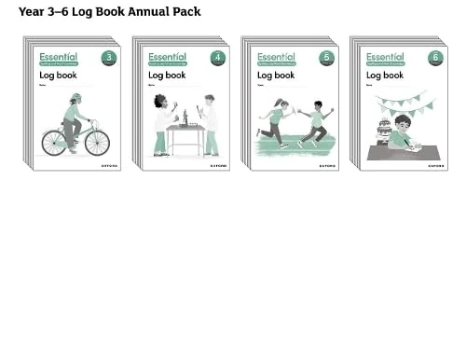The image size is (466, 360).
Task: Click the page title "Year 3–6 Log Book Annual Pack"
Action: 109,11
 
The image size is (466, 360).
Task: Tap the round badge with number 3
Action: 109,58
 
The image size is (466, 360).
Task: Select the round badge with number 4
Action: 217,58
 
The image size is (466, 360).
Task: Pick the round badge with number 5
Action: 326,58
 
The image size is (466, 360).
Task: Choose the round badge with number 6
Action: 435,58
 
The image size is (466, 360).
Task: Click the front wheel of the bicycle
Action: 97,143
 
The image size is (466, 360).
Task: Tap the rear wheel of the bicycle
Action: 54,143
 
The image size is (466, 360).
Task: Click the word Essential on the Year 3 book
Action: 58,57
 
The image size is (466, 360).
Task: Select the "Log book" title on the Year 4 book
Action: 167,76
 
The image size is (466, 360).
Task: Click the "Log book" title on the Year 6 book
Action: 385,76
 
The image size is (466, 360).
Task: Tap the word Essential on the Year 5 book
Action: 276,57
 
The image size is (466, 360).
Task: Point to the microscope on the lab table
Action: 185,118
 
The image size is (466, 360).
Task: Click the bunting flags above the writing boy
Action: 402,102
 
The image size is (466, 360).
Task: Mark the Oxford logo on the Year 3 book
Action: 109,165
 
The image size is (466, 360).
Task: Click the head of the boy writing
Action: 403,123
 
